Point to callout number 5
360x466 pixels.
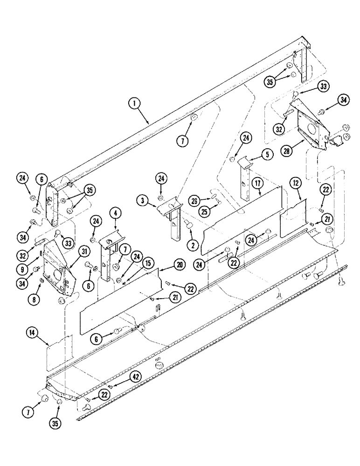266,155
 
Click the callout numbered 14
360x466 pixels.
31,333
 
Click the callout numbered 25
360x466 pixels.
203,212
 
